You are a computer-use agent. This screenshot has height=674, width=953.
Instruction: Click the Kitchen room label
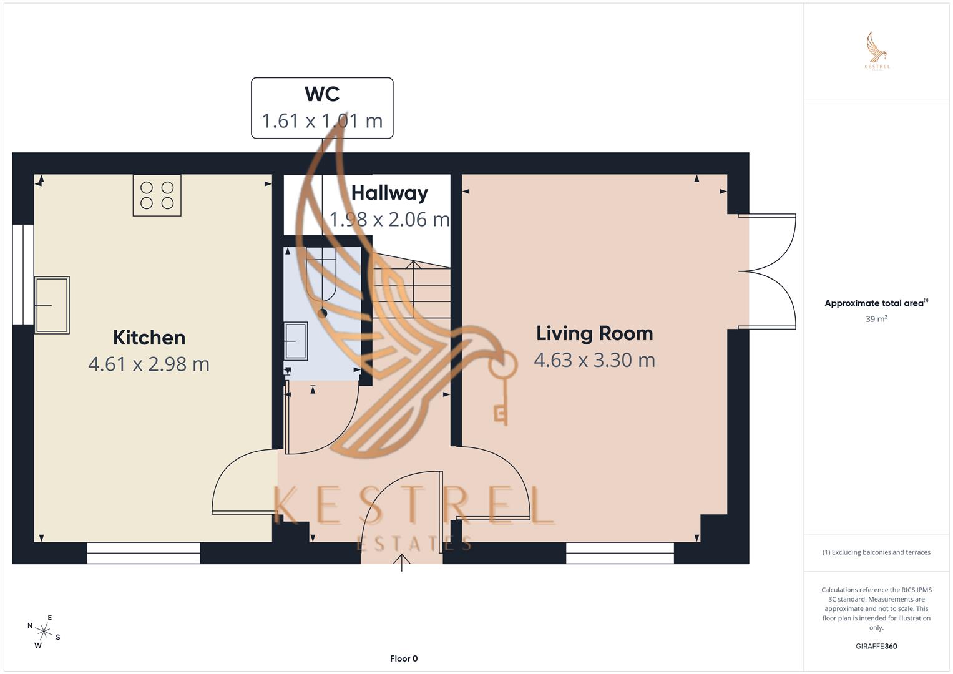coord(149,338)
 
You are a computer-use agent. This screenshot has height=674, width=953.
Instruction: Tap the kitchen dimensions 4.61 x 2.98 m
coord(149,364)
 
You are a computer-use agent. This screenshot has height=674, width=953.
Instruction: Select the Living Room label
coord(594,333)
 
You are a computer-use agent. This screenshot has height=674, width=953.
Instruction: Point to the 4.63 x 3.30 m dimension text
coord(594,360)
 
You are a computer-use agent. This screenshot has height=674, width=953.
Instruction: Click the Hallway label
coord(389,193)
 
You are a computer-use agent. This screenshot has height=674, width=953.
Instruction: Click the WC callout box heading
coord(322,94)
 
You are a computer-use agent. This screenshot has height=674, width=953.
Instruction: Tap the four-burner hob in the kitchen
coord(157,195)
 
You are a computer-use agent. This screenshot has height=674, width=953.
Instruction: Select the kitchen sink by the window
coord(52,305)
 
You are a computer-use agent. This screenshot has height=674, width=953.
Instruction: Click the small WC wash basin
coord(296,341)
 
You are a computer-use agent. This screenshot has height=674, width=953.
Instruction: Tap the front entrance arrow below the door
coord(402,564)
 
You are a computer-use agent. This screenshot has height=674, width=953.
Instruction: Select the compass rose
coord(44,631)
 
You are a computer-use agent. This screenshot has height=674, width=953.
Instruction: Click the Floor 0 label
coord(403,658)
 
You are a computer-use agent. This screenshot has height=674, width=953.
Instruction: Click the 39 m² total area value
coord(876,319)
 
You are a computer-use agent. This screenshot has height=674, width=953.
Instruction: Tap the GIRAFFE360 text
coord(876,647)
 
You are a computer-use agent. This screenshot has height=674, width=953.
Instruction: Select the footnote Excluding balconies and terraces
coord(876,552)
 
